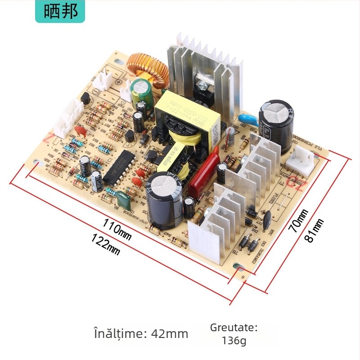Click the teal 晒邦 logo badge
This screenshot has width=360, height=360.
[x=59, y=12]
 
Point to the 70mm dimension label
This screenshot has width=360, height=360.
[x=299, y=220]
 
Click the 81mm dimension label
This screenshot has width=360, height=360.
[x=314, y=230]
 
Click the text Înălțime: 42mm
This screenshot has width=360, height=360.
[x=141, y=333]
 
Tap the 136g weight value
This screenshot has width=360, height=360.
[x=234, y=341]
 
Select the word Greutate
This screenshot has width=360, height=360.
[x=234, y=327]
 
